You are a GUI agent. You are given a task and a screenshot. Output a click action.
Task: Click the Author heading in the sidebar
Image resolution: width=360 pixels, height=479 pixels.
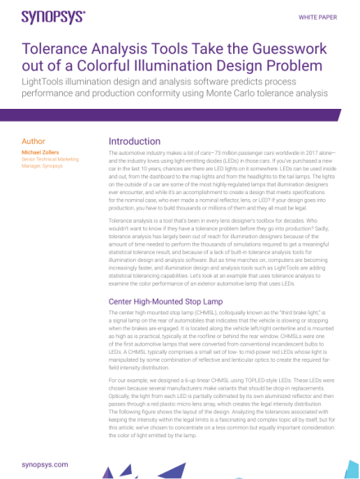34,142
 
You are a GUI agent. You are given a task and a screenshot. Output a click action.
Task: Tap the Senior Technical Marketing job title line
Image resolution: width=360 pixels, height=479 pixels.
50,159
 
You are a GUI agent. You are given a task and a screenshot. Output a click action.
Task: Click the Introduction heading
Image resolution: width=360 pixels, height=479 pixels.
134,142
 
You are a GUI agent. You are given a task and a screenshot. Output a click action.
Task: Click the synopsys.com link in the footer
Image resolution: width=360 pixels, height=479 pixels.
44,464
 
